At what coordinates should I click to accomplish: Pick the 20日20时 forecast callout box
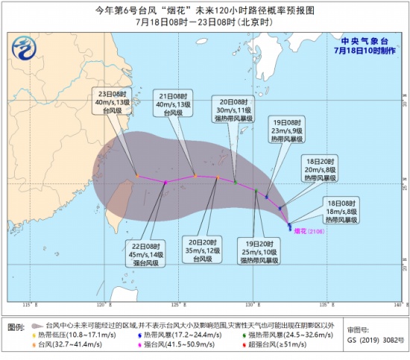coord(204,251)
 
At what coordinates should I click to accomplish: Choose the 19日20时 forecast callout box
coord(259,251)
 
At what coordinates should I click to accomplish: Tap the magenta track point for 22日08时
coord(165,182)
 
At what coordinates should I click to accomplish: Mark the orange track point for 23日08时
coord(138,176)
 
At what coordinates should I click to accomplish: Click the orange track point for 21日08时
coord(195,176)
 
